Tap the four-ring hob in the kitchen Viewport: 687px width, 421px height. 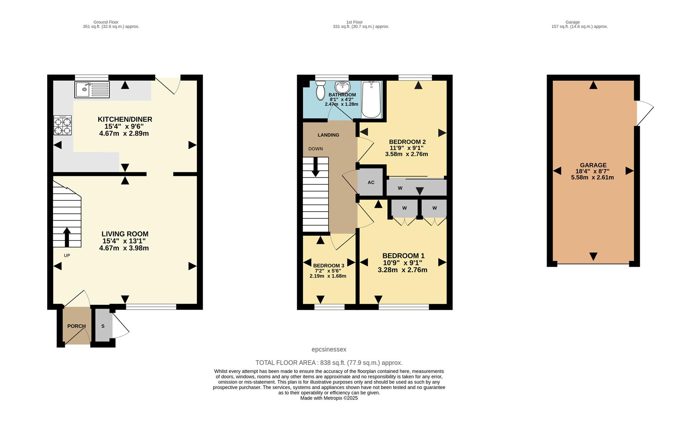pos(62,126)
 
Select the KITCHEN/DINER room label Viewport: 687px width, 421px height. pos(125,119)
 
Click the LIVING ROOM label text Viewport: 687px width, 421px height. pos(125,234)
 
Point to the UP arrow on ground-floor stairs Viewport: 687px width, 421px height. pos(67,237)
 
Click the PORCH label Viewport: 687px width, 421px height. pos(76,326)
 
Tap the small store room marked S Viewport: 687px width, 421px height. pos(103,326)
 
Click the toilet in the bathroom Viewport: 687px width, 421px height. pos(320,91)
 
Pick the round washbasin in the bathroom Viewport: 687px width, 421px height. pos(342,86)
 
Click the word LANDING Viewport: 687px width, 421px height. pos(328,135)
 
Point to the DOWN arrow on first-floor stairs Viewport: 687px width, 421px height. pos(316,166)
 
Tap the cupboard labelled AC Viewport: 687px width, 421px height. pos(371,182)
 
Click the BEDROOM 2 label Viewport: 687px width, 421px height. pos(407,142)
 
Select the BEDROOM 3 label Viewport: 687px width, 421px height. pos(328,265)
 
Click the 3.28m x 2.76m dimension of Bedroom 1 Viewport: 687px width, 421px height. pos(402,270)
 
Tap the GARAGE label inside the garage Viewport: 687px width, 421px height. pos(593,165)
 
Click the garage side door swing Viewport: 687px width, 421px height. pos(645,113)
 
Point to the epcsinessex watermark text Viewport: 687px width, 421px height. pos(329,349)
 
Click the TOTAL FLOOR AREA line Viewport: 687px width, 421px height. pos(329,363)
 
